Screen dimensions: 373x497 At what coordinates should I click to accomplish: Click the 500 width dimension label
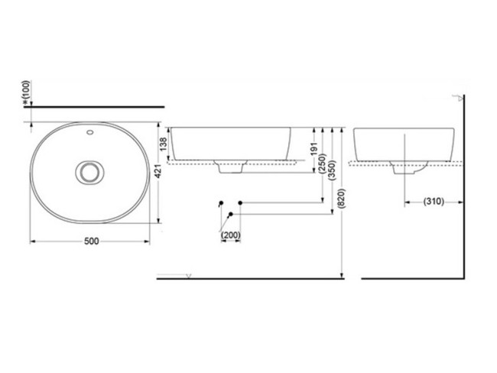point(91,241)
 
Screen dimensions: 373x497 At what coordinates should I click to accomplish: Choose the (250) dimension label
point(323,164)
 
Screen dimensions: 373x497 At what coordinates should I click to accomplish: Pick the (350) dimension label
point(332,170)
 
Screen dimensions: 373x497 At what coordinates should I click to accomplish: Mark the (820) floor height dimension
point(341,200)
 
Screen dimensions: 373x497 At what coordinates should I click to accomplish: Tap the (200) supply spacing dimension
point(230,235)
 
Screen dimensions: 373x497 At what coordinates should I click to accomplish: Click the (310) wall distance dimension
point(434,202)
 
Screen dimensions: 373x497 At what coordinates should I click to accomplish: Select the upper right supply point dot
point(241,203)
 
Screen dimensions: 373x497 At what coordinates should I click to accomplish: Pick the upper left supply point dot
point(221,203)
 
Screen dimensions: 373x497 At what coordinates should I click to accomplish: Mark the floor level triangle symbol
point(190,274)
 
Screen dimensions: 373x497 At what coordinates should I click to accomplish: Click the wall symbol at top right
point(460,97)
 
